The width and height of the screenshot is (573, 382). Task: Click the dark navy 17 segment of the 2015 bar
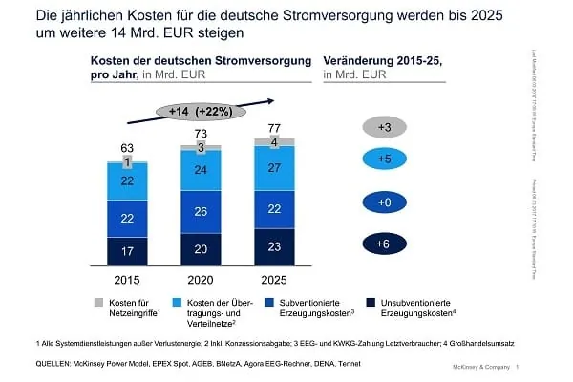tap(126, 251)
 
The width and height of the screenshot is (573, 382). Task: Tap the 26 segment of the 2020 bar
tap(201, 211)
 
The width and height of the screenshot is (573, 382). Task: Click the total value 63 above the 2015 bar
tap(126, 148)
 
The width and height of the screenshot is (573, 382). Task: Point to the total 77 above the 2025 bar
tap(275, 126)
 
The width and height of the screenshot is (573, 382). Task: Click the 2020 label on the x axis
tap(201, 281)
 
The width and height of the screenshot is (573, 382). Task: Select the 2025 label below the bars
tap(275, 281)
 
